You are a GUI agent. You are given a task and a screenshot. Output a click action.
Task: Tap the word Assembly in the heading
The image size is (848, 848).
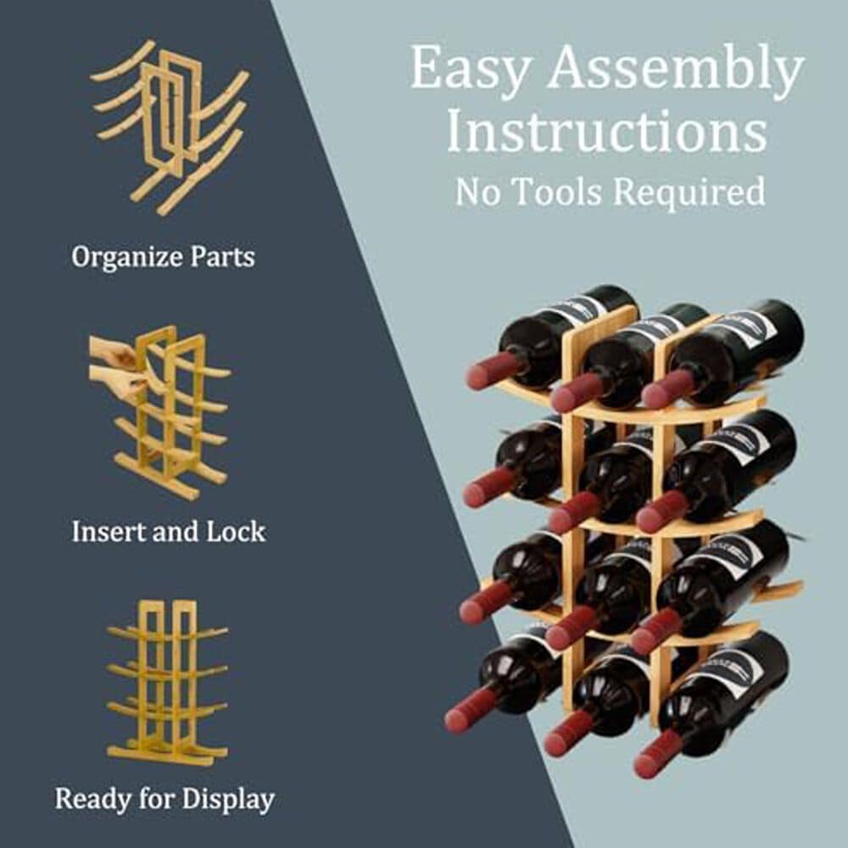[675, 71]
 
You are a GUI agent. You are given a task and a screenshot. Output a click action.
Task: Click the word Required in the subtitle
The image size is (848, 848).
[689, 192]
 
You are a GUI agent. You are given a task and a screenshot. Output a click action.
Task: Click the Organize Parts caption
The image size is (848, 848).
[163, 257]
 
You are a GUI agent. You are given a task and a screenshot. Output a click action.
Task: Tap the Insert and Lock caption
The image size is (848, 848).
[168, 532]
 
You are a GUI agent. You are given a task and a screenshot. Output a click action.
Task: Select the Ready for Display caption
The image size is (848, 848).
[165, 799]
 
